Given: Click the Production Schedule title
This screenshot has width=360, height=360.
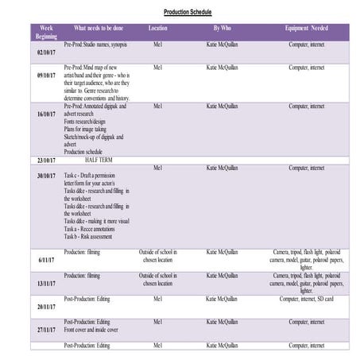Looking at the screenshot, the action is pos(188,13).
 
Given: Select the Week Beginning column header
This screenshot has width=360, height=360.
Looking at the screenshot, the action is pos(46,32).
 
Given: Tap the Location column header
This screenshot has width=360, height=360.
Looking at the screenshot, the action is pos(157,28).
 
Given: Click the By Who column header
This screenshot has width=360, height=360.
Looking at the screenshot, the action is pos(222,28).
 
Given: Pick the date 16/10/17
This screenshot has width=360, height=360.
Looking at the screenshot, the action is pos(46,114).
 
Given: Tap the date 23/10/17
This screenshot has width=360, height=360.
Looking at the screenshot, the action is pos(46,161).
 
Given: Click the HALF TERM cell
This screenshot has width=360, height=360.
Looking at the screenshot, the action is pos(96,160).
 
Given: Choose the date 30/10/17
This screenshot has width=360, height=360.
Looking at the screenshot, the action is pos(46,176).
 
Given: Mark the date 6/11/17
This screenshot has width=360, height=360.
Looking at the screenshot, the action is pos(46,260).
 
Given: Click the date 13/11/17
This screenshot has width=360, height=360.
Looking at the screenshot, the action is pos(46,283).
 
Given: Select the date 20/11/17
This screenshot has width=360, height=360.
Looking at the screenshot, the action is pos(46,306).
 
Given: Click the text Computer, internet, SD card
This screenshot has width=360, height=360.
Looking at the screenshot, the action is pos(306,299).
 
